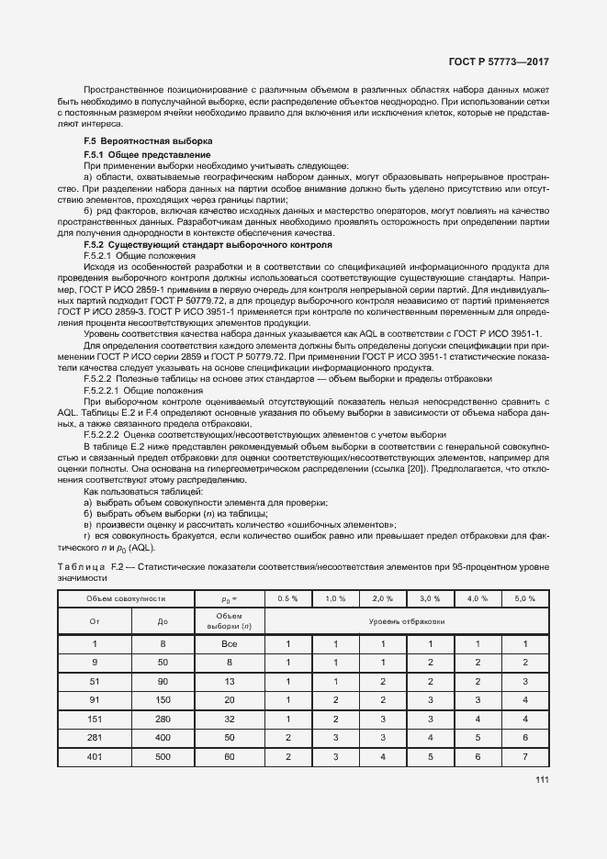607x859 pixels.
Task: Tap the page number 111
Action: tap(541, 780)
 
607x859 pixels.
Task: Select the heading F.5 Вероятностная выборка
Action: tap(148, 140)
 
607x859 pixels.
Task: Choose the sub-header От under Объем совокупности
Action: tap(94, 621)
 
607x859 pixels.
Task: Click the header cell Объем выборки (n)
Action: tap(230, 621)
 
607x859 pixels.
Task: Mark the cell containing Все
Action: tap(230, 643)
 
